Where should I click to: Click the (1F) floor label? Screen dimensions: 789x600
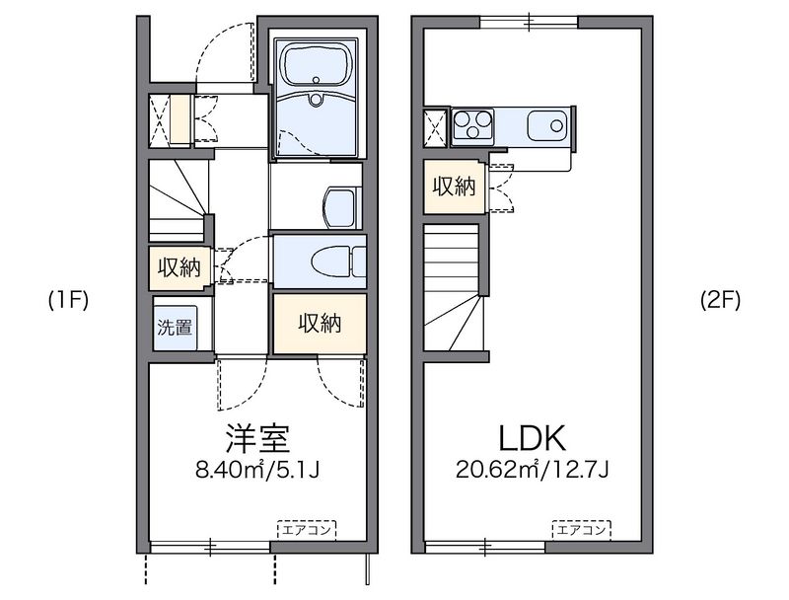pos(68,301)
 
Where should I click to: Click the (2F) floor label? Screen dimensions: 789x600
pos(721,301)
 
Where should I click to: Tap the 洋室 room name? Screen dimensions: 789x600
pos(257,438)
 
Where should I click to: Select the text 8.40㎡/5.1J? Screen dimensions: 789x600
pos(257,470)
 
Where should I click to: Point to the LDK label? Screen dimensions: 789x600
pos(533,438)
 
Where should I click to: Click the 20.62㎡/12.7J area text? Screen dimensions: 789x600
pos(533,470)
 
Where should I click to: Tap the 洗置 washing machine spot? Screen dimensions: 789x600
pos(175,328)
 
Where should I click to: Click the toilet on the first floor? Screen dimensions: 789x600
pos(338,262)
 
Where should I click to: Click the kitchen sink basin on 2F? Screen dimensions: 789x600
pos(547,125)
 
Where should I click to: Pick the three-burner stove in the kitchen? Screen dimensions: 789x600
pos(472,124)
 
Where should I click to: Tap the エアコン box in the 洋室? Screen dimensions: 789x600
pos(307,530)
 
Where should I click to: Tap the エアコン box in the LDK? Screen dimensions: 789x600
pos(581,530)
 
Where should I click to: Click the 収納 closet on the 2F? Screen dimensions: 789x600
pos(455,187)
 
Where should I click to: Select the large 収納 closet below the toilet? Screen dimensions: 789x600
pos(320,323)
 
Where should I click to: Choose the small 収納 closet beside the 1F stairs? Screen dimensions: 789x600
pos(179,267)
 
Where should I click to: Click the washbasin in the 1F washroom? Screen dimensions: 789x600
pos(342,208)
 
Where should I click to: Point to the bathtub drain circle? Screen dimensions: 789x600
pos(316,80)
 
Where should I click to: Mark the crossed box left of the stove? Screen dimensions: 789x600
pos(435,127)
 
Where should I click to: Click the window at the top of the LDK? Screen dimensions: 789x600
pos(529,22)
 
